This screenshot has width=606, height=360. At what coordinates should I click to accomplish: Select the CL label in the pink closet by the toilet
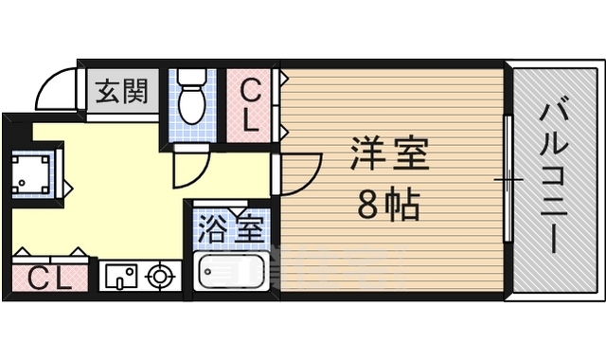(251, 104)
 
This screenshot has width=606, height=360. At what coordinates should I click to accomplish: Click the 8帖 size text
(388, 205)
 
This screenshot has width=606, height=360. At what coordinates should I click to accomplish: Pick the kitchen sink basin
(120, 277)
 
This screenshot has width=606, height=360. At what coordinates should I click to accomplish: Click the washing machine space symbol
(31, 172)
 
